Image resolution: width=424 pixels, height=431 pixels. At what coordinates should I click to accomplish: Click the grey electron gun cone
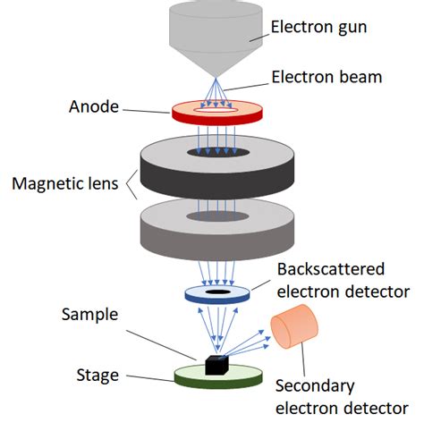(210, 36)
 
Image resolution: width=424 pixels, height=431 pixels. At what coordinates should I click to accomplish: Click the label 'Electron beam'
(327, 77)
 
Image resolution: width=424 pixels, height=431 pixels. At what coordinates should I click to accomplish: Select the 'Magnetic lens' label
(66, 185)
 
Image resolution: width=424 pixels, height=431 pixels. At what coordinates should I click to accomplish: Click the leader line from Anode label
(148, 109)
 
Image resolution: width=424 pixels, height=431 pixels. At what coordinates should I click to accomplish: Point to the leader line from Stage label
(152, 378)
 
